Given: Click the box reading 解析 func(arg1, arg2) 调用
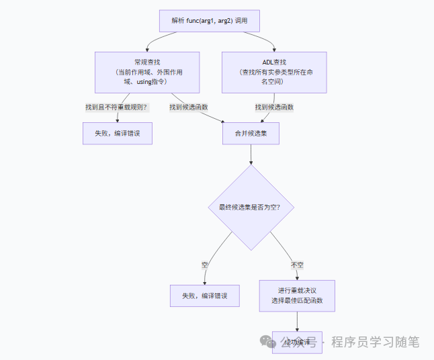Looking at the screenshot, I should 209,21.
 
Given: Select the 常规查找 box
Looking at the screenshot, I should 146,72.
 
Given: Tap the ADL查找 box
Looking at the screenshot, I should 274,72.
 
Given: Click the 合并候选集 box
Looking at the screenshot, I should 251,134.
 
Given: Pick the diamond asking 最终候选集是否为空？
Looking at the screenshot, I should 250,208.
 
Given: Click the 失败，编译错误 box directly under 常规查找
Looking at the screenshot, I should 118,133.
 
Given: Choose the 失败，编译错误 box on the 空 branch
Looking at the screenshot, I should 205,296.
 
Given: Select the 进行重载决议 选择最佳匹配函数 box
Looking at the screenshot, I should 297,296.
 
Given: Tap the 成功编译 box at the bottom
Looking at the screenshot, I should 297,343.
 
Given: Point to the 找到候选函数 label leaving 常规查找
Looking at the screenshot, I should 189,107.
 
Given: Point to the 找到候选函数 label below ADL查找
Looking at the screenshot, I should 274,107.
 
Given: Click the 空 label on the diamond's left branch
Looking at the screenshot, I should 205,265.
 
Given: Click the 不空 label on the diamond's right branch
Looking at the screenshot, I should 297,265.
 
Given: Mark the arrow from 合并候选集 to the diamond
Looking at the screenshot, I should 251,154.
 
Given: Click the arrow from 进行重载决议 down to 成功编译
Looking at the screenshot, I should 297,321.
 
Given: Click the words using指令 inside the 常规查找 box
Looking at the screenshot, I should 150,81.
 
